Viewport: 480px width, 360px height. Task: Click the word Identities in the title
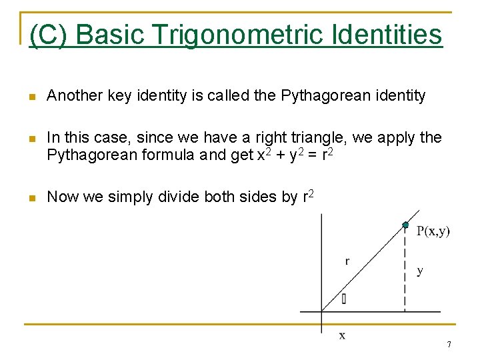click(x=386, y=35)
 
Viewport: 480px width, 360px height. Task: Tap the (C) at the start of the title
click(x=48, y=35)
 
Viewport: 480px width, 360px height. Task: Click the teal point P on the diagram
click(x=405, y=225)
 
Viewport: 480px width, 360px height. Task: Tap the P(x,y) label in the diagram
click(x=433, y=231)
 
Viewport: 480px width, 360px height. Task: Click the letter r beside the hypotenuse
click(x=347, y=261)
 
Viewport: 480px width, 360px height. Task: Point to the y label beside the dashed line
click(x=419, y=271)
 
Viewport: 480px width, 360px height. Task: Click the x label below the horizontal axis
click(x=342, y=335)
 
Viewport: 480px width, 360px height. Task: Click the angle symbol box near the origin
click(x=343, y=299)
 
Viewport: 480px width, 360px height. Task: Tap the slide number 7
click(x=449, y=345)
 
